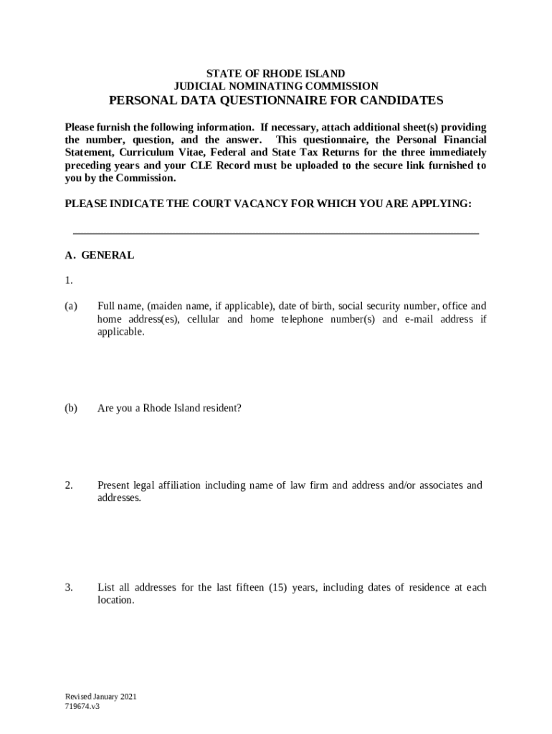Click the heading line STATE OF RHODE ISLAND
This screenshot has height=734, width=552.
pos(276,74)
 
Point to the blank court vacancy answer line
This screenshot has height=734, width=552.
pos(276,233)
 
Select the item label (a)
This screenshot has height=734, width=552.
pos(71,306)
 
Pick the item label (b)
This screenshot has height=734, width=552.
pos(71,409)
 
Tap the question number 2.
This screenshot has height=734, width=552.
pos(68,485)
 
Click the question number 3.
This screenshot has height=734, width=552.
pos(68,588)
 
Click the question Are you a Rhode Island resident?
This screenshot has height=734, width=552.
pos(169,409)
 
